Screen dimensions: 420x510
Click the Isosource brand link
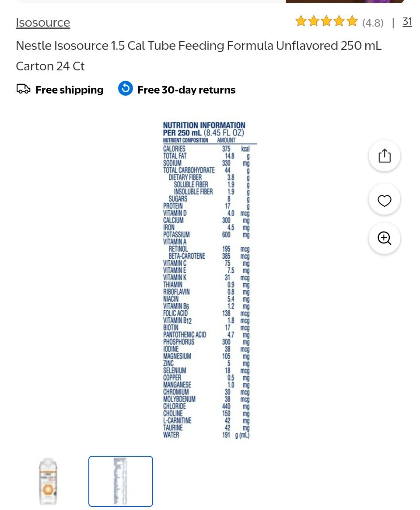[43, 22]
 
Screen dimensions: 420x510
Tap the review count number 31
[407, 22]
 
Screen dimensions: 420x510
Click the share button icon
[385, 156]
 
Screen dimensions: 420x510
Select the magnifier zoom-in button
[385, 238]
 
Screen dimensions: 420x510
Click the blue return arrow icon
[126, 88]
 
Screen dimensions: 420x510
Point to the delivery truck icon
[24, 89]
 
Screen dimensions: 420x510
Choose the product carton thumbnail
[48, 481]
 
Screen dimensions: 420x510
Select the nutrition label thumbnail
[120, 481]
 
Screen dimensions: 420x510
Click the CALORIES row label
[174, 149]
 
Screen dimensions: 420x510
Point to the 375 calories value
[226, 149]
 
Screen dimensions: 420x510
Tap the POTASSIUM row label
[176, 235]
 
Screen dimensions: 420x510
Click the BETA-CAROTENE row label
[187, 256]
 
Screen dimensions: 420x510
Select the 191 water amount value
[226, 435]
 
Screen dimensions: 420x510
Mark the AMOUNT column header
[226, 140]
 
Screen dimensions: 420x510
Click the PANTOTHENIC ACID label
[185, 335]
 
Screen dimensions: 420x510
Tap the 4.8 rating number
[373, 23]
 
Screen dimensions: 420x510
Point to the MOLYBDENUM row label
[179, 399]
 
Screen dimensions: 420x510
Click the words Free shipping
[70, 90]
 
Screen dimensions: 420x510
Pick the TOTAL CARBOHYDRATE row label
[189, 170]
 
